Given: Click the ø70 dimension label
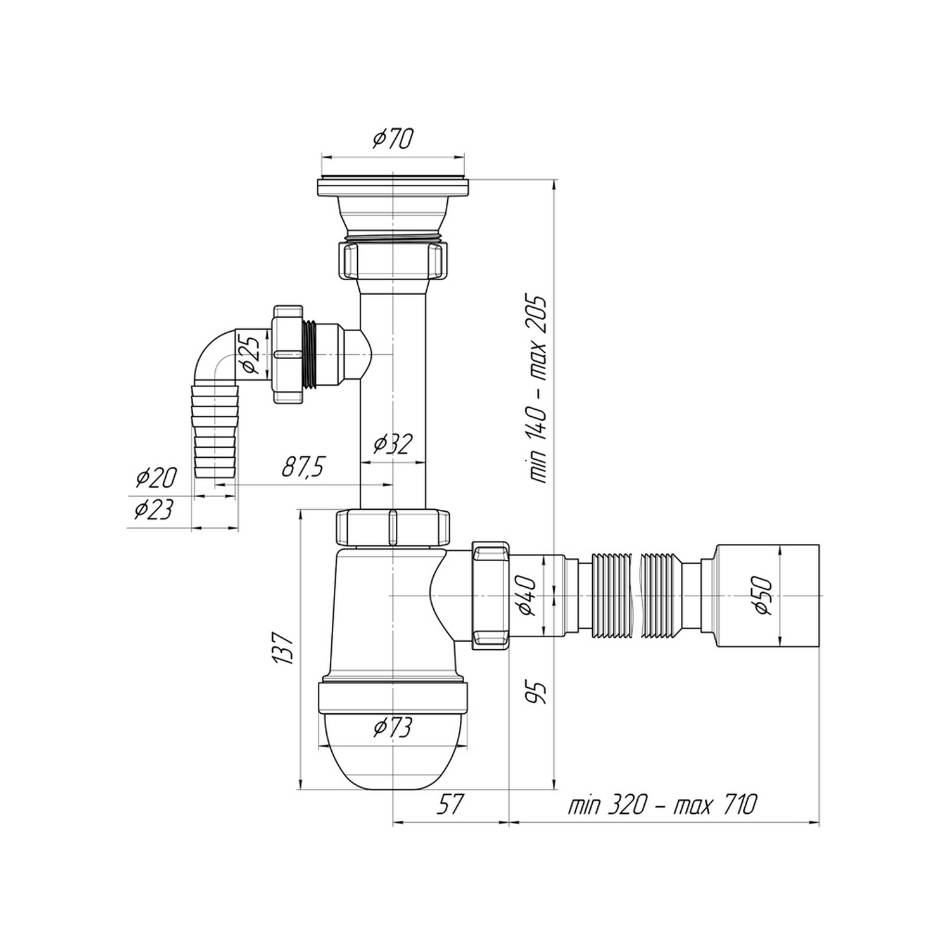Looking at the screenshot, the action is (x=393, y=138).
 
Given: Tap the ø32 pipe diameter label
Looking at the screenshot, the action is (x=393, y=444).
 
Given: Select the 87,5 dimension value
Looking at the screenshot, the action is (x=303, y=468).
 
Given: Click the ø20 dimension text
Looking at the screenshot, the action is (x=156, y=478).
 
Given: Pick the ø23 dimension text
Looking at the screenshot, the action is (x=153, y=509).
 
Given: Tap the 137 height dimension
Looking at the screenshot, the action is (x=284, y=647).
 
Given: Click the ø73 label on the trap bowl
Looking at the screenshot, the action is (x=393, y=727).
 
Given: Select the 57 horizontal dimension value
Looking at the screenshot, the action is (x=450, y=805).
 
